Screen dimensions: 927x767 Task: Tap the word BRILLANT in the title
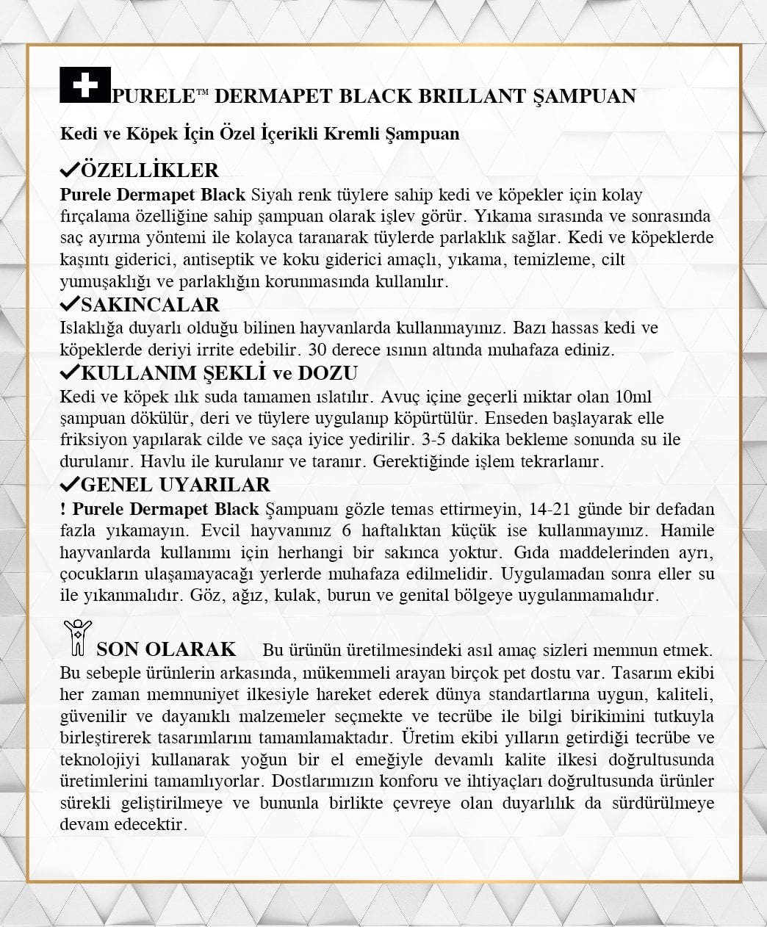(x=471, y=96)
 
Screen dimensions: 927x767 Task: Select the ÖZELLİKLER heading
(x=150, y=170)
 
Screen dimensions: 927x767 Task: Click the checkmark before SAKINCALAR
(x=70, y=303)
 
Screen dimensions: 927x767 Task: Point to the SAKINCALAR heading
(x=151, y=305)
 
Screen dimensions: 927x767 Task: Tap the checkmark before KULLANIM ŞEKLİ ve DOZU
(x=70, y=372)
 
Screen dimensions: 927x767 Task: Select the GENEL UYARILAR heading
(x=176, y=485)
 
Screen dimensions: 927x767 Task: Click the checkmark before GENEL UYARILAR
(x=70, y=483)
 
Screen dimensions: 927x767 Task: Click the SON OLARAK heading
(x=166, y=649)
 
